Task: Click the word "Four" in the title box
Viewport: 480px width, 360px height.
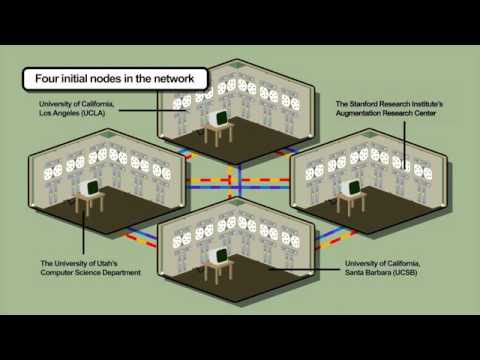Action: [x=47, y=79]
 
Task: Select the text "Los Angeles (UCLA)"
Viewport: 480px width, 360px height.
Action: [x=72, y=113]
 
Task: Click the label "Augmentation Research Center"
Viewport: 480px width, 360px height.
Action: [x=386, y=113]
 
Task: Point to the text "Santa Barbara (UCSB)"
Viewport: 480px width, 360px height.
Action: [x=381, y=273]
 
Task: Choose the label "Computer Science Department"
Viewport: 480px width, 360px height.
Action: [x=91, y=273]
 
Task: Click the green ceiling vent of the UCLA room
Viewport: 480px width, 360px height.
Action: [x=237, y=64]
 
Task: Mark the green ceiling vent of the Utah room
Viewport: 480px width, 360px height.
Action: [x=108, y=134]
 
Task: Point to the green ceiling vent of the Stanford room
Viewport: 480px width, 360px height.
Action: [x=369, y=134]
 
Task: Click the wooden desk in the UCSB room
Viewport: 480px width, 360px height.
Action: [x=218, y=271]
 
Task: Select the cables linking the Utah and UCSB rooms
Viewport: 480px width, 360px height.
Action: [x=140, y=237]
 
